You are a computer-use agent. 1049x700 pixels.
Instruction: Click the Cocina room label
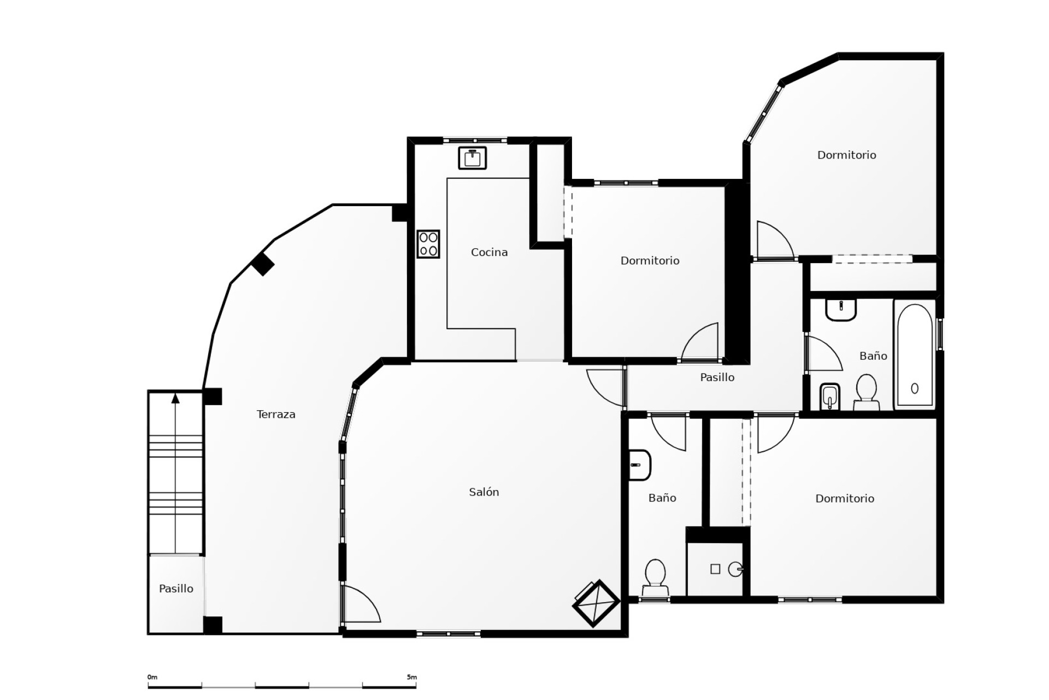point(489,252)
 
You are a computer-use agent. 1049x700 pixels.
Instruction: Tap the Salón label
point(484,492)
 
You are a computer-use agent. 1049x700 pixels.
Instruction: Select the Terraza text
point(276,414)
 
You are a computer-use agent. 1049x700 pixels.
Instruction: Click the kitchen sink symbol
point(472,158)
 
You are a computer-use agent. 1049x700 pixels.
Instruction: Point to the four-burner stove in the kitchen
point(428,244)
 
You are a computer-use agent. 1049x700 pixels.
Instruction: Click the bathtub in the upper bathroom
point(915,354)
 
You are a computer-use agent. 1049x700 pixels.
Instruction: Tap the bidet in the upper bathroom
point(829,396)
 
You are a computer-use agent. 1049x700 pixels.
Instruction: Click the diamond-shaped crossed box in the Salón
point(596,603)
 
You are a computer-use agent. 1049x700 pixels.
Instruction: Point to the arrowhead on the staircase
point(175,398)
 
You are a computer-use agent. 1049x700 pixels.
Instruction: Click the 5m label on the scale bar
point(411,677)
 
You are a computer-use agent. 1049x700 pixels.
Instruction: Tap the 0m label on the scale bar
point(152,677)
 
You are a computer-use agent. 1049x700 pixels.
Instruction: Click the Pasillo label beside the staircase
point(176,588)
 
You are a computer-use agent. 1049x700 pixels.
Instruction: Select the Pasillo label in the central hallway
point(717,377)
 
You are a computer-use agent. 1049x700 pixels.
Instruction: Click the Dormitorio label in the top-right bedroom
point(846,155)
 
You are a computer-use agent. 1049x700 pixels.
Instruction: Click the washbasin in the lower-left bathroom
point(639,465)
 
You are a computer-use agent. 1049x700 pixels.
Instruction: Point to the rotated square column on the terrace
point(263,264)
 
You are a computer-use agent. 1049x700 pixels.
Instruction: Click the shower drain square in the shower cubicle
point(715,569)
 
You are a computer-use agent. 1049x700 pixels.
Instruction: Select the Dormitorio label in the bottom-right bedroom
point(844,498)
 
